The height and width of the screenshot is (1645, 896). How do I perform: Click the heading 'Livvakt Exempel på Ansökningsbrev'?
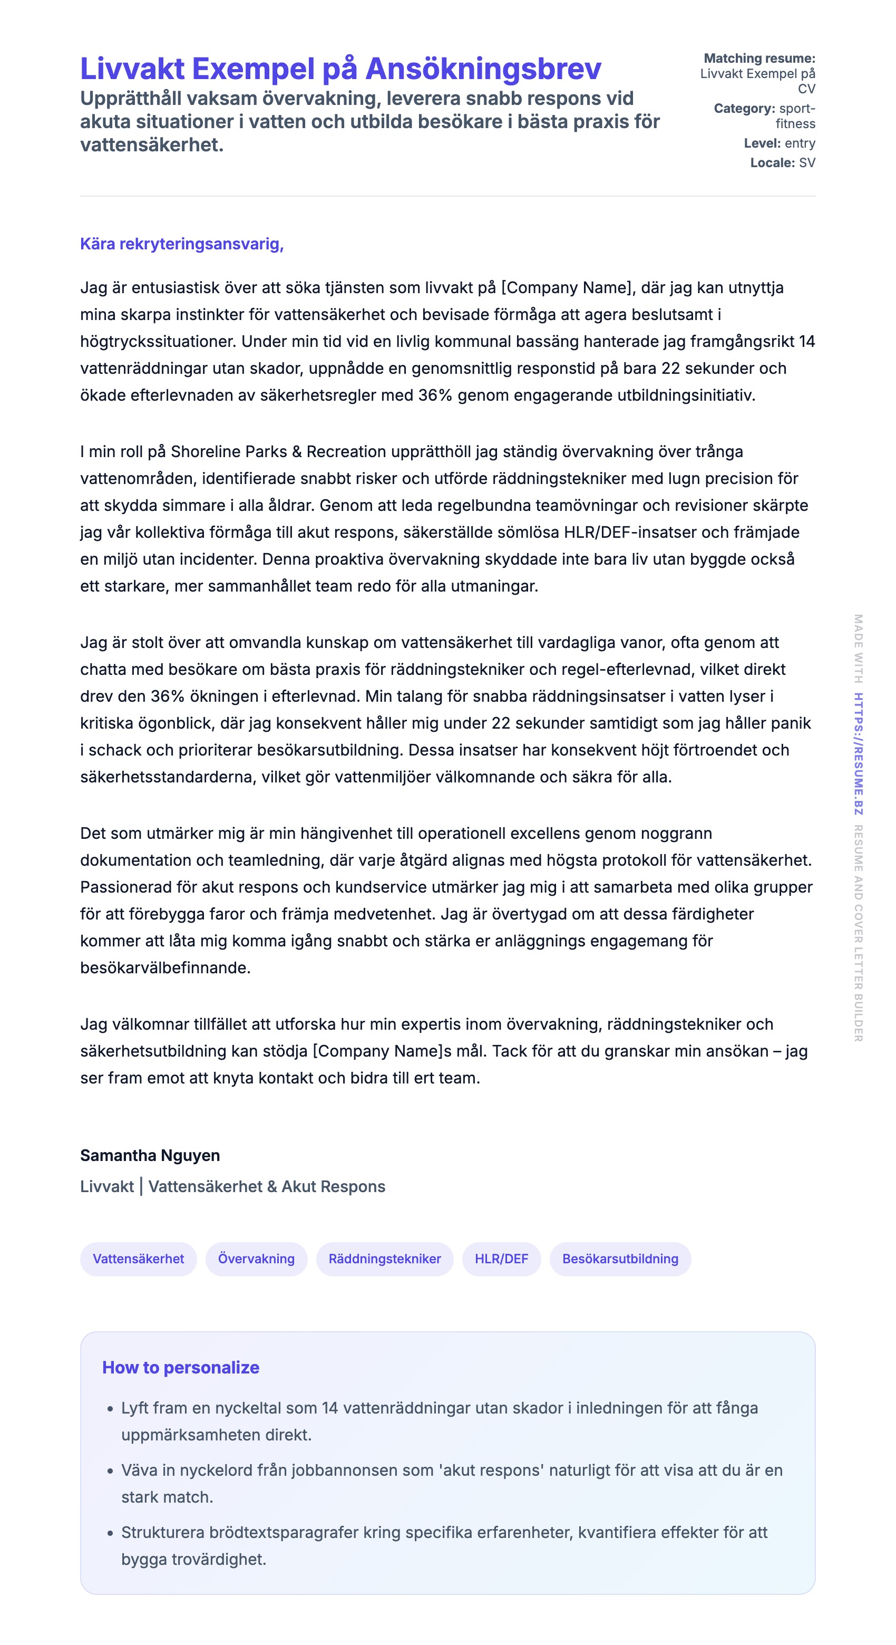coord(340,69)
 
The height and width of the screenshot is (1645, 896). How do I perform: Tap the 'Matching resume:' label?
coord(759,58)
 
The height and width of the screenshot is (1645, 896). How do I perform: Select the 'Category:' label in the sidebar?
coord(744,109)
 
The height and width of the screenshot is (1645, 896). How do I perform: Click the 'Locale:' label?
coord(772,163)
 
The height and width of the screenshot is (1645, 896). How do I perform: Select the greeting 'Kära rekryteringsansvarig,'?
coord(182,244)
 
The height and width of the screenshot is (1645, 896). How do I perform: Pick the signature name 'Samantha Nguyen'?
coord(150,1155)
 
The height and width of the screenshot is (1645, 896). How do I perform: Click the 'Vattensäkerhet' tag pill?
coord(139,1259)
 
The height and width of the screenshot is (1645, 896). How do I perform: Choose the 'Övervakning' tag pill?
coord(256,1259)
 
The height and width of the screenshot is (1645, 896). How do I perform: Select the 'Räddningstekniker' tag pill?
coord(384,1259)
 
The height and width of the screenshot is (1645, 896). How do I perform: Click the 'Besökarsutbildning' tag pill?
coord(620,1259)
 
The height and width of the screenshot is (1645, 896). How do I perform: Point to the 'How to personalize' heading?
coord(181,1368)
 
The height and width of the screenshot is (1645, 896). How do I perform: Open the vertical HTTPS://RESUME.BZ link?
coord(859,753)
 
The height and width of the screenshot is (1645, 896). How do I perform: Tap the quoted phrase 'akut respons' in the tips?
coord(491,1470)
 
